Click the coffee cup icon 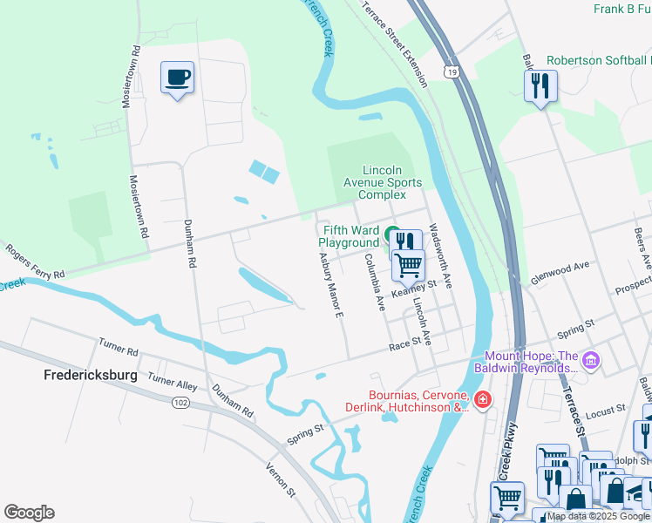tap(177, 78)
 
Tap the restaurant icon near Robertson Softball tap(540, 85)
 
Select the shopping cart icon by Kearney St tap(408, 264)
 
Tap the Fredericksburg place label tap(91, 375)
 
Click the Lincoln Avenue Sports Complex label tap(383, 182)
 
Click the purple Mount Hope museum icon tap(591, 359)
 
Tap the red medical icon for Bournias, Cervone tap(483, 399)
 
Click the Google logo tap(29, 513)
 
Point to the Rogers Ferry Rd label tap(34, 261)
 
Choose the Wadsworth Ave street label tap(441, 254)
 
